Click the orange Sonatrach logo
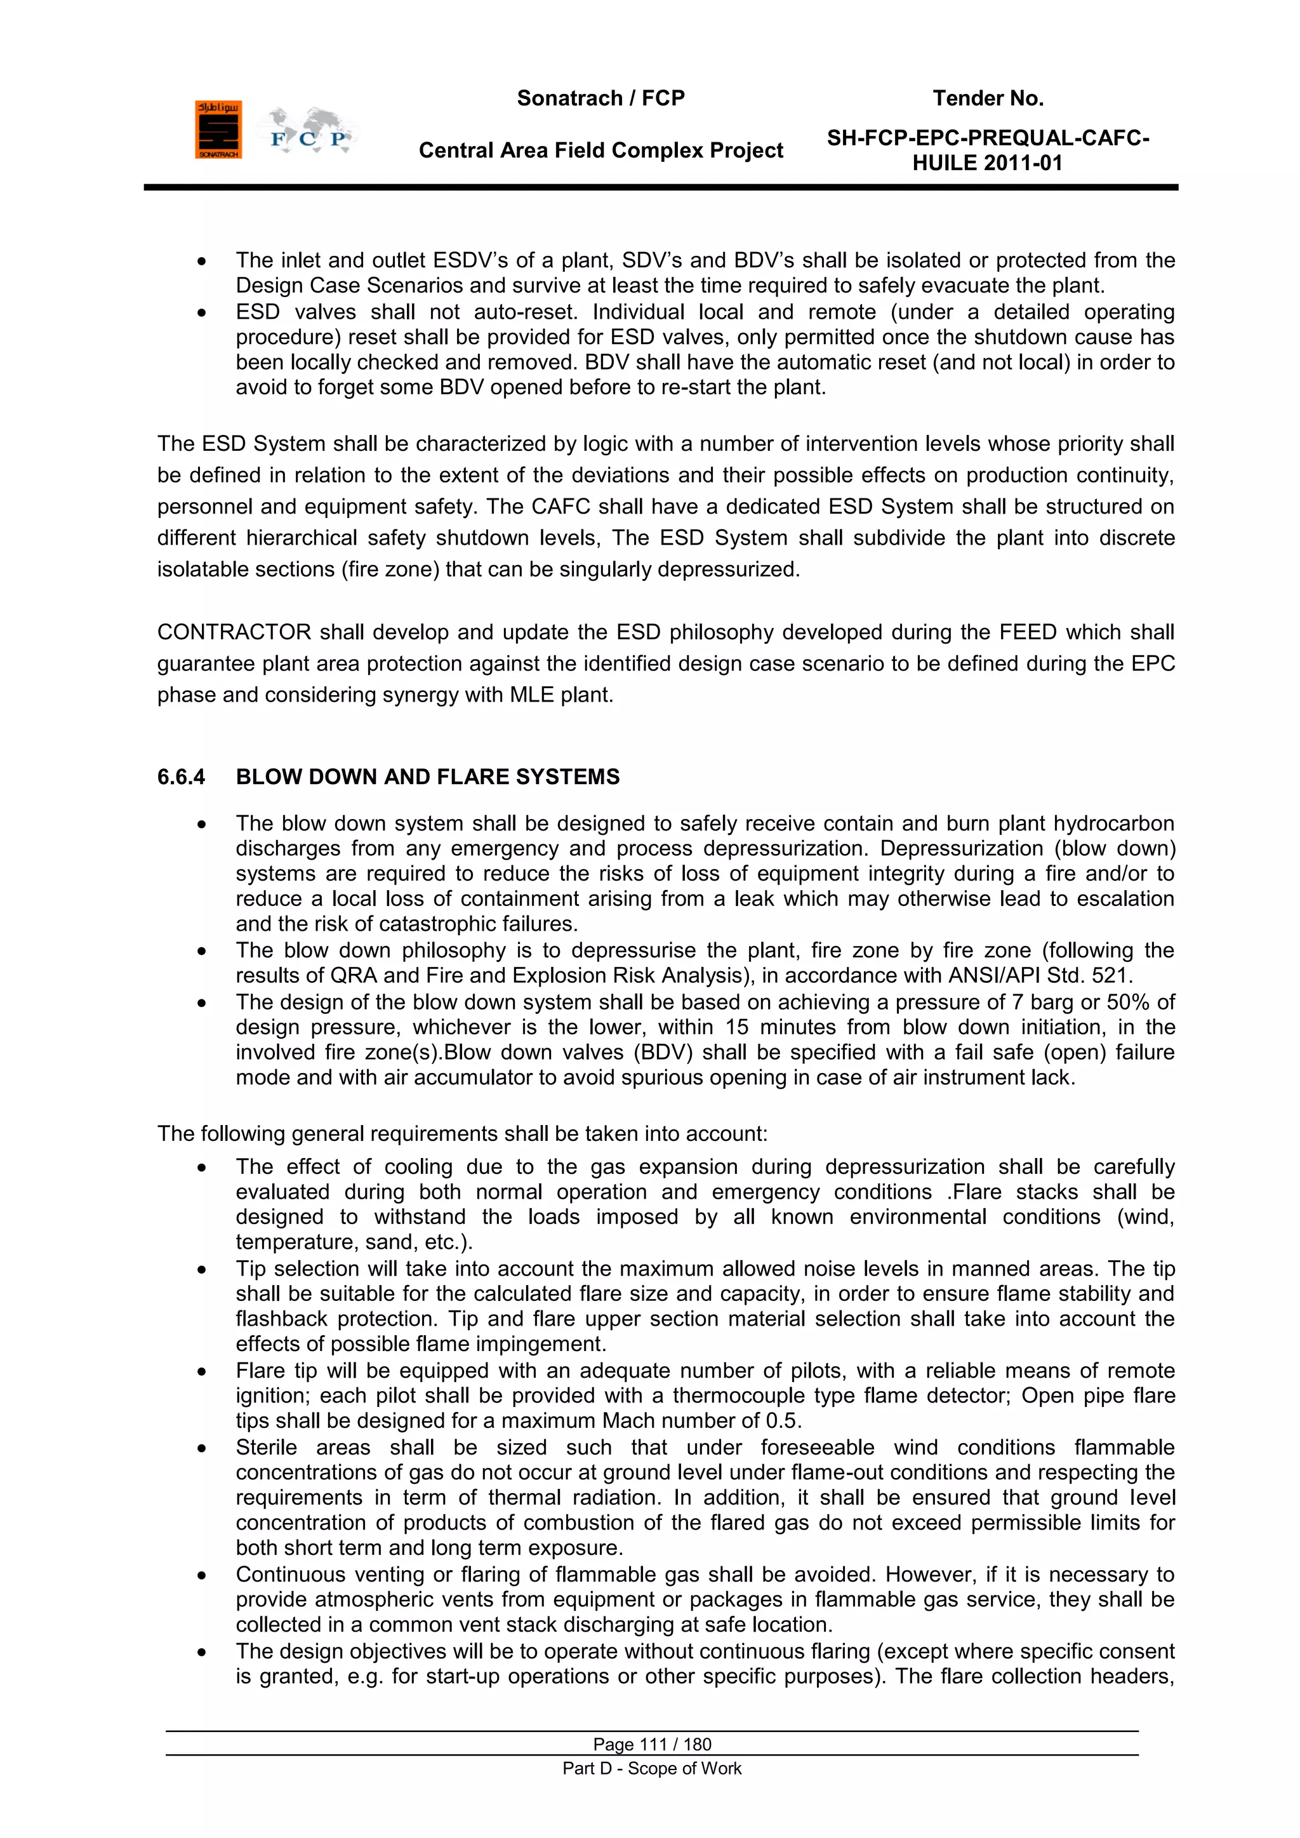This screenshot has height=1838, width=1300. [x=218, y=130]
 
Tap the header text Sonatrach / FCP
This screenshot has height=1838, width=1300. [x=600, y=98]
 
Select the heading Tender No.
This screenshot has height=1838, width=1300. [x=988, y=98]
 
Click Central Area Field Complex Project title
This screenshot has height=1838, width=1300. [x=600, y=150]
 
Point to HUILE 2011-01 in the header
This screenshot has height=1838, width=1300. [x=987, y=163]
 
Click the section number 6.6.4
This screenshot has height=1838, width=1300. [x=181, y=776]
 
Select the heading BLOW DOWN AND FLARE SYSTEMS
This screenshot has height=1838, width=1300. [x=427, y=776]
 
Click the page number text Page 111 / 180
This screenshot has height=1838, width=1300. [x=652, y=1744]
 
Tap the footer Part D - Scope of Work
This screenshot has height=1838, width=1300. [x=652, y=1768]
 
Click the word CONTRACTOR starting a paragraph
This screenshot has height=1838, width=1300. [x=234, y=632]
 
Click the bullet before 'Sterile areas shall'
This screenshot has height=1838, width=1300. [x=202, y=1448]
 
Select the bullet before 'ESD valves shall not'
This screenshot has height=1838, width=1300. [x=202, y=313]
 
